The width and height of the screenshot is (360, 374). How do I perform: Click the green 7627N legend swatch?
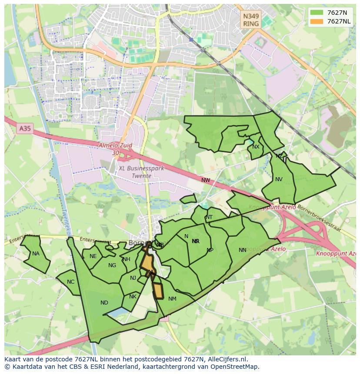coord(317,12)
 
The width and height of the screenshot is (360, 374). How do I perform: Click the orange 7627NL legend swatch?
coord(317,21)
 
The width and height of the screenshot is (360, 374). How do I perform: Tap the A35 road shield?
coord(25,129)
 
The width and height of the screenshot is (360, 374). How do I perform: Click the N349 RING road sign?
coord(251,20)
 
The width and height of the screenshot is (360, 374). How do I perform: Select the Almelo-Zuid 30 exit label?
coord(115,149)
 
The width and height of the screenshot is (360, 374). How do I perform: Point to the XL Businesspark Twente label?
coord(141,172)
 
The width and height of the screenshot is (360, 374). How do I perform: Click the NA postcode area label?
coord(36,254)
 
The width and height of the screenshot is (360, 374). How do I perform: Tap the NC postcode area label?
coord(70,282)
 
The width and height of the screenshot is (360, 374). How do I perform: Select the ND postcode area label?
coord(104,303)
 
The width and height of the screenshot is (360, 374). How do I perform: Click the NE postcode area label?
coord(93,256)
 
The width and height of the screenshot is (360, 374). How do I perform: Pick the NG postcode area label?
coord(112,265)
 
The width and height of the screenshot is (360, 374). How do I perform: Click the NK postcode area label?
coord(133,297)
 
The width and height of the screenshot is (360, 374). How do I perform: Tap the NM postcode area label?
coord(172,299)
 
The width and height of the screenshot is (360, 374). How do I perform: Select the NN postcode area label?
coord(243,250)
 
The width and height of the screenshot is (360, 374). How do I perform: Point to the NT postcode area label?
coord(209,217)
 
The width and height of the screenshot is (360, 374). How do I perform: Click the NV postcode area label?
coord(279,179)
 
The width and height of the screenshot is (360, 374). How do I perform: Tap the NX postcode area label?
coord(256,147)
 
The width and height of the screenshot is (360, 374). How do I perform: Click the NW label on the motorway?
coord(206,180)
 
